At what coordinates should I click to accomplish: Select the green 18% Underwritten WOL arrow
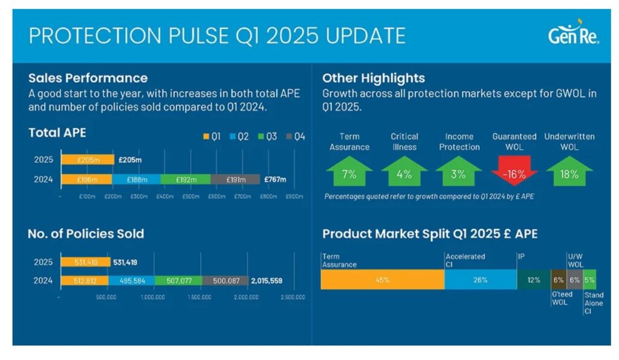pyautogui.click(x=569, y=172)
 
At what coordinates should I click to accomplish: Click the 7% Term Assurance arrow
pyautogui.click(x=349, y=172)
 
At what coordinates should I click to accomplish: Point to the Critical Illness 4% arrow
pyautogui.click(x=404, y=172)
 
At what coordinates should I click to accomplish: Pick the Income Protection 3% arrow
pyautogui.click(x=458, y=172)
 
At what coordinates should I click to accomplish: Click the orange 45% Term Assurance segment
pyautogui.click(x=382, y=280)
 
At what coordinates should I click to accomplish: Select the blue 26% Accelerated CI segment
pyautogui.click(x=481, y=280)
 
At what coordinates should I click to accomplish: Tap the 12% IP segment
pyautogui.click(x=533, y=280)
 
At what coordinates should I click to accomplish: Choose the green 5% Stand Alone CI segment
pyautogui.click(x=589, y=280)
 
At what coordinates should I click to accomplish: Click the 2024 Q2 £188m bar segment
pyautogui.click(x=137, y=179)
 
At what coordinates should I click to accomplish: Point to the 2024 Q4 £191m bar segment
pyautogui.click(x=235, y=179)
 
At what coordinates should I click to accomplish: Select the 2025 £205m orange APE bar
pyautogui.click(x=87, y=160)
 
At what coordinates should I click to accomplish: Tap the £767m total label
pyautogui.click(x=275, y=179)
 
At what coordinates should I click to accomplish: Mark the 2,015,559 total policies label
pyautogui.click(x=267, y=281)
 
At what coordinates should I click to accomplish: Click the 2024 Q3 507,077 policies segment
pyautogui.click(x=178, y=281)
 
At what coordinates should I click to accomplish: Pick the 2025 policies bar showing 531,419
pyautogui.click(x=85, y=262)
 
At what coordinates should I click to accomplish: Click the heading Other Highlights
pyautogui.click(x=373, y=78)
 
